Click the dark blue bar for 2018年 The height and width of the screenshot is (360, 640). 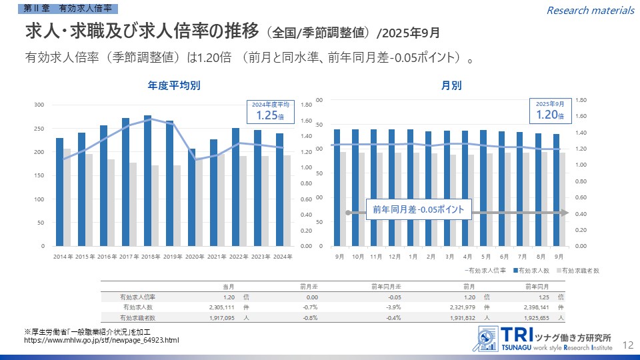(x=147, y=180)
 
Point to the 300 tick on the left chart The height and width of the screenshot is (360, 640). (x=39, y=105)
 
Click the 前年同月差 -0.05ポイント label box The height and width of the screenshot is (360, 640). (x=419, y=209)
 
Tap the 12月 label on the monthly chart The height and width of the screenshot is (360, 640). (x=394, y=257)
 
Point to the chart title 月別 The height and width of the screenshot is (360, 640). (x=451, y=85)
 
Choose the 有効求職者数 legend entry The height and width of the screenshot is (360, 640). (x=579, y=271)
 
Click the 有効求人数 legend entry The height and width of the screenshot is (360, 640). (x=531, y=271)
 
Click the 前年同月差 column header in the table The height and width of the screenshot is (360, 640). (x=386, y=286)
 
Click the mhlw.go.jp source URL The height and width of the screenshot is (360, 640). (x=101, y=341)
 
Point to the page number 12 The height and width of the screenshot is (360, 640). (x=627, y=345)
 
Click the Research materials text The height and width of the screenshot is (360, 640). (x=590, y=10)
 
